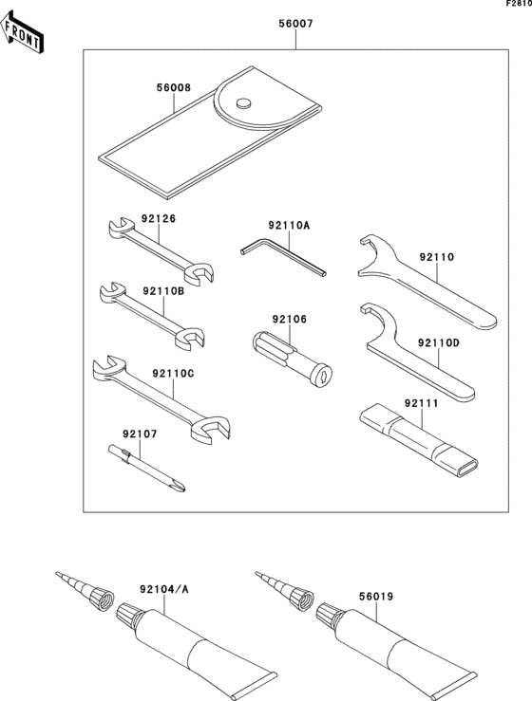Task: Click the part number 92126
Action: (x=159, y=218)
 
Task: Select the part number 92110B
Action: (x=162, y=290)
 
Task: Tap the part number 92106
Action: (x=289, y=319)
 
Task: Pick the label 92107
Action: (x=139, y=434)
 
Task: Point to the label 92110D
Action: (x=437, y=342)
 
